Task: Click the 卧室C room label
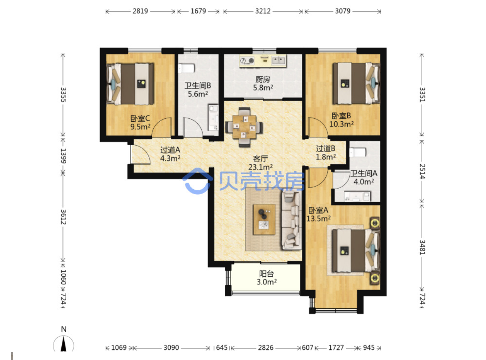[140, 118]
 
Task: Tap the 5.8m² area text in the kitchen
[263, 88]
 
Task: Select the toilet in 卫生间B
[186, 68]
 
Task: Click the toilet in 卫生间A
[357, 152]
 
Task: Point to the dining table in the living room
[244, 127]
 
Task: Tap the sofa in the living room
[292, 220]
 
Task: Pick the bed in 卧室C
[130, 84]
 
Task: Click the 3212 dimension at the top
[263, 11]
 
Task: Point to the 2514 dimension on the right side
[422, 171]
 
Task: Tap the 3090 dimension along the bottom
[171, 348]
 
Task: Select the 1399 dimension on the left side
[63, 156]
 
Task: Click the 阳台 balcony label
[266, 273]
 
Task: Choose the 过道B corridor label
[325, 148]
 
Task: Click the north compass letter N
[64, 329]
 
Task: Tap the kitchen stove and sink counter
[263, 61]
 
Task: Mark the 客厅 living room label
[260, 159]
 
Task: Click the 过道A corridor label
[170, 150]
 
